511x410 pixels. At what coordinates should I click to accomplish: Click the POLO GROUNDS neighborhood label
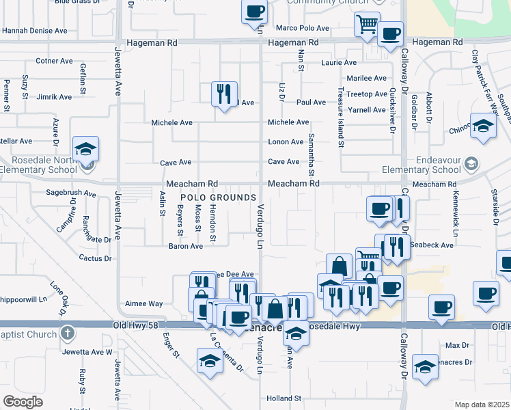[217, 197]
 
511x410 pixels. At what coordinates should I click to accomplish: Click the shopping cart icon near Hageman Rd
[367, 24]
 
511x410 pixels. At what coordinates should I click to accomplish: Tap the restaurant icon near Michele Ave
[224, 93]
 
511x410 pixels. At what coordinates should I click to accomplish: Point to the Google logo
[23, 402]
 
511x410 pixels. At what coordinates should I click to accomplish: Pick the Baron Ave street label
[187, 246]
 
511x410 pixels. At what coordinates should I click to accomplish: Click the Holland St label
[284, 398]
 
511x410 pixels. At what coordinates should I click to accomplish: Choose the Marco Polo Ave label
[303, 29]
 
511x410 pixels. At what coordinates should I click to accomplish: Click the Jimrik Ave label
[54, 97]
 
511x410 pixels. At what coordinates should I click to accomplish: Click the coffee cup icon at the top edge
[255, 12]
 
